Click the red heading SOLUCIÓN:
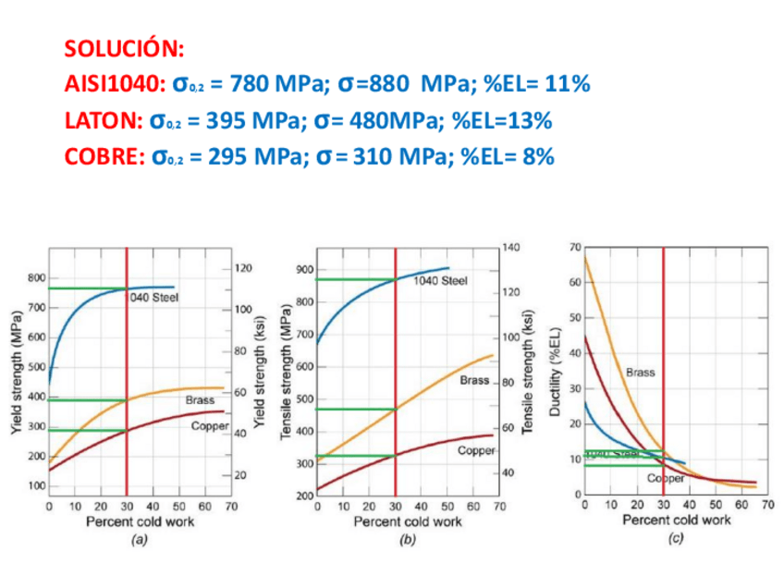click(125, 47)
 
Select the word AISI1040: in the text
click(115, 84)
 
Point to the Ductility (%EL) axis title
click(555, 370)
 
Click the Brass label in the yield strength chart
click(200, 400)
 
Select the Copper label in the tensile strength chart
click(477, 450)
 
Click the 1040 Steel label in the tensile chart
click(440, 280)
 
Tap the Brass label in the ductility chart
click(640, 373)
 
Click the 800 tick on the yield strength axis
click(36, 278)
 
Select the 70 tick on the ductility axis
click(576, 247)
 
